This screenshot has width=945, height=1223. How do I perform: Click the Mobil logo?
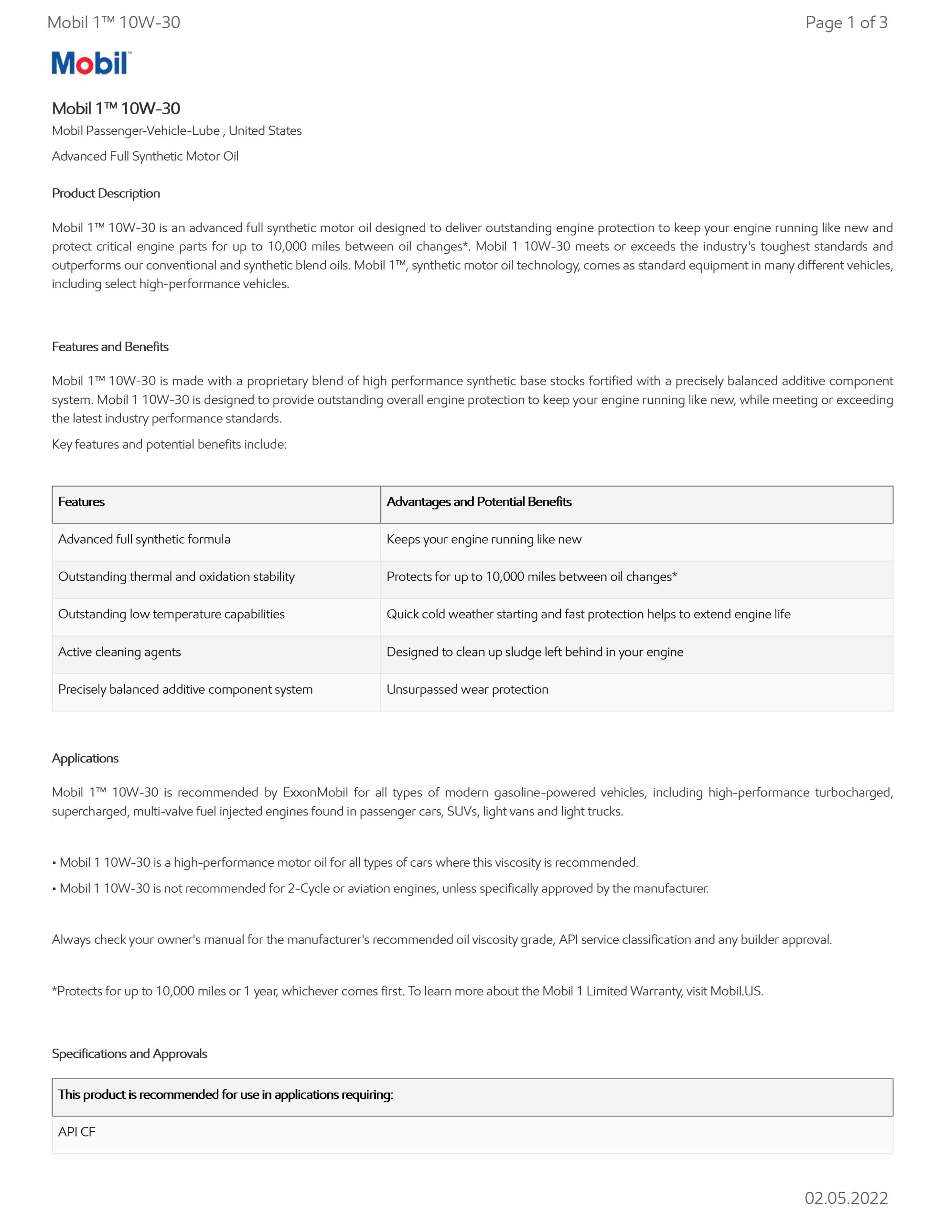click(91, 63)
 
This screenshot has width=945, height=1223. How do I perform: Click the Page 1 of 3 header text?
click(846, 22)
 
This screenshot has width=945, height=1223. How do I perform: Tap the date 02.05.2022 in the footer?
click(846, 1198)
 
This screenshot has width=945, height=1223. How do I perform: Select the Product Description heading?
click(106, 193)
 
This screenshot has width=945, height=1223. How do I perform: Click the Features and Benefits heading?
click(110, 347)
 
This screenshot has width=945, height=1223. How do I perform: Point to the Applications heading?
click(85, 758)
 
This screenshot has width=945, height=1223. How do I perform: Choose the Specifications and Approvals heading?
click(129, 1053)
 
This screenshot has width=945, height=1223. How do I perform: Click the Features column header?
click(81, 502)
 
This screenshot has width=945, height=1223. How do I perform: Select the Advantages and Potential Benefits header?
click(479, 502)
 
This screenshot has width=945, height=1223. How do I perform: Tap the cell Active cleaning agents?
click(119, 652)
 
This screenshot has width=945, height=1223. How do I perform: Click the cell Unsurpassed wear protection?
click(467, 689)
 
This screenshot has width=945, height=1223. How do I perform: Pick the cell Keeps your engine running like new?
click(484, 539)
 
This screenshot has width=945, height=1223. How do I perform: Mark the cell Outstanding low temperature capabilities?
click(172, 614)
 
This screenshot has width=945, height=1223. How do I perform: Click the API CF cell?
click(77, 1132)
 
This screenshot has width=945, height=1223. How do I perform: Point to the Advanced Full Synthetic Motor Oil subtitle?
click(145, 156)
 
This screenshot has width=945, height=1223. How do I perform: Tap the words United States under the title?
click(265, 130)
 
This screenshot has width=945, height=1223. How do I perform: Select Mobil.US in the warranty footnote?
click(736, 991)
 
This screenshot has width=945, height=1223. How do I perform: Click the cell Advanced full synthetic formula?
click(144, 539)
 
